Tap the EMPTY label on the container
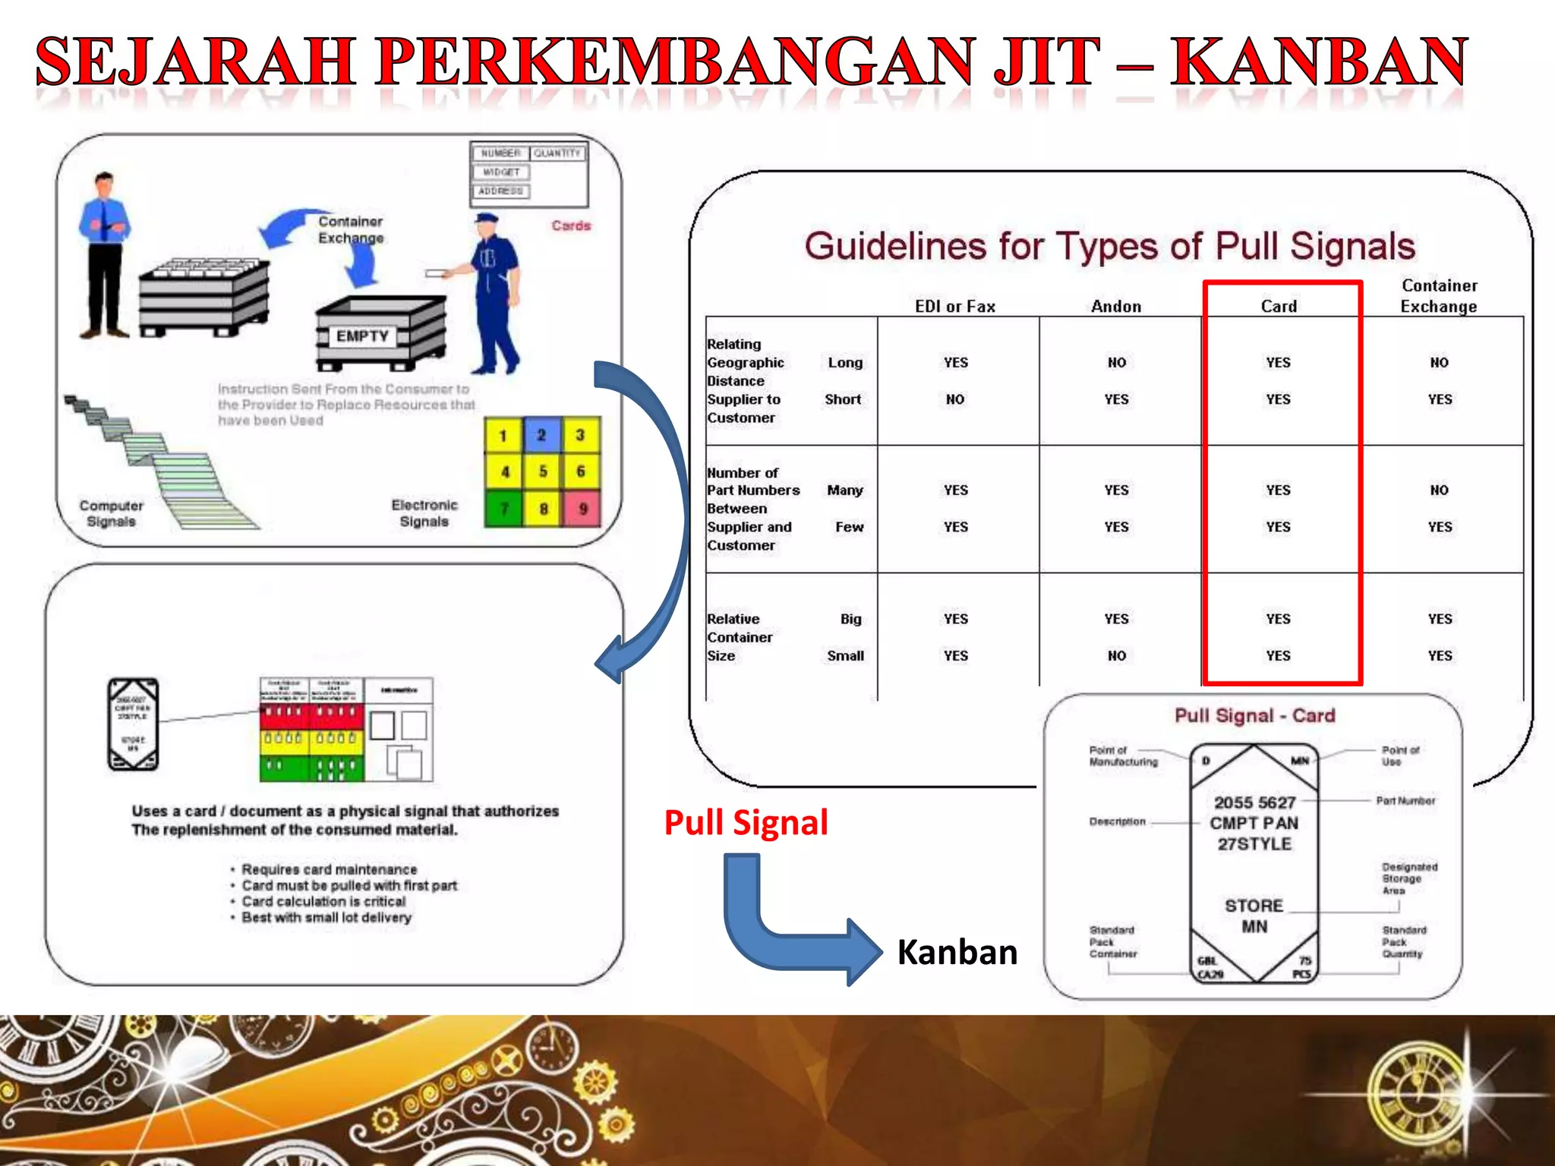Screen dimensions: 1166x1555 click(362, 336)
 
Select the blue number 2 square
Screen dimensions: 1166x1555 click(541, 435)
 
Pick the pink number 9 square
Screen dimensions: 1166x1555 click(582, 509)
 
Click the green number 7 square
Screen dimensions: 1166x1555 click(503, 509)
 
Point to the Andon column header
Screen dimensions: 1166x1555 click(1116, 307)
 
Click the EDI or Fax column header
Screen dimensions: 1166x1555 click(955, 307)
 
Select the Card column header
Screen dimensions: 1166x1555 click(1279, 307)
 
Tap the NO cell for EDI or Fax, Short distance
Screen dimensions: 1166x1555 click(955, 399)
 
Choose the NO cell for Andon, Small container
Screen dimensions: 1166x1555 click(1116, 656)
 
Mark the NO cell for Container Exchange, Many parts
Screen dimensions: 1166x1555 click(1439, 490)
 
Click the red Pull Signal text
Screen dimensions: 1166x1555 click(746, 823)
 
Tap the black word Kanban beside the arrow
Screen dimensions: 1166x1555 click(957, 953)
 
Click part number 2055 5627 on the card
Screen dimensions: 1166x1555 click(1254, 802)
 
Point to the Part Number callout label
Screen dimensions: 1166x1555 click(1405, 801)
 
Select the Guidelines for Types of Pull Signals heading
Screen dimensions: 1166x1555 click(1109, 247)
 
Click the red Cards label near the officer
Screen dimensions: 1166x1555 click(571, 225)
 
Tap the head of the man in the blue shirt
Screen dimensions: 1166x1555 click(105, 184)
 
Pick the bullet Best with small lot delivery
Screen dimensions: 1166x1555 click(326, 918)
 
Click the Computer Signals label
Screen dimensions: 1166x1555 click(111, 514)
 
